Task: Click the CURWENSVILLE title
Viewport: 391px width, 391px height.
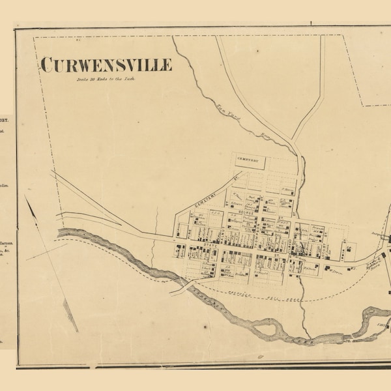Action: click(x=106, y=65)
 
